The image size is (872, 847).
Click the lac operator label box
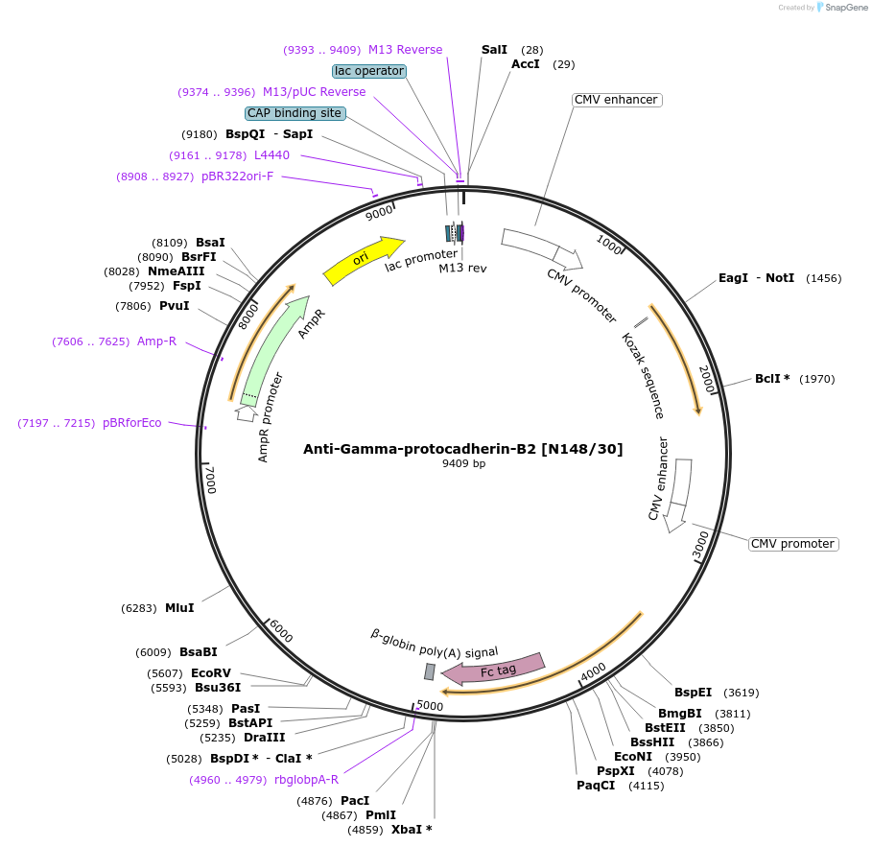coord(369,71)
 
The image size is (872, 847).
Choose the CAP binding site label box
coord(295,113)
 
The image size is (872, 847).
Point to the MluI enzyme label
coord(179,608)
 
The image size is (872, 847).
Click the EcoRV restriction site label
coord(211,673)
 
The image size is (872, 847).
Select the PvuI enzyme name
coord(175,306)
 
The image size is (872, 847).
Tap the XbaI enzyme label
coord(412,829)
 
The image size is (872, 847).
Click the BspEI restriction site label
coord(693,692)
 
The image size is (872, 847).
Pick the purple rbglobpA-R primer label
coord(307,780)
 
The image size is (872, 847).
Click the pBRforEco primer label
coord(132,423)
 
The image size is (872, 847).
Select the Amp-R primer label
coord(157,341)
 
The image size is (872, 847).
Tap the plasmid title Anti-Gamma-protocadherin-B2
coord(462,449)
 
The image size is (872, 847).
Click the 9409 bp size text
coord(463,464)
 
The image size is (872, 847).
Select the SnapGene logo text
coord(845,8)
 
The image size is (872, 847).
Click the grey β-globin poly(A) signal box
coord(430,671)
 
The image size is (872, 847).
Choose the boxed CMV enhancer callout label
coord(616,100)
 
